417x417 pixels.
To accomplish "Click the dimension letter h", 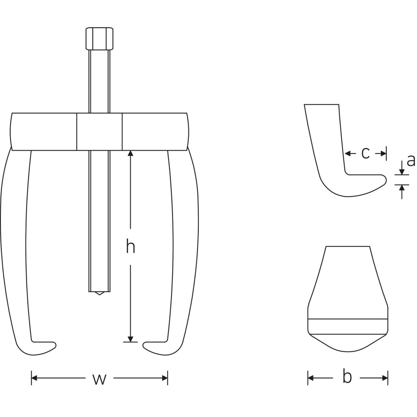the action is pos(130,246).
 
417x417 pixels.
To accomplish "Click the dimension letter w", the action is pos(100,379).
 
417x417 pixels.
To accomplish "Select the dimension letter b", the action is pos(347,376).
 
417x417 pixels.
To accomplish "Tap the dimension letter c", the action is pos(365,153).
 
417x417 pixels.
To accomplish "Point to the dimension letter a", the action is pos(411,161).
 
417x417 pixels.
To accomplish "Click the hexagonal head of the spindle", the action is pos(100,39).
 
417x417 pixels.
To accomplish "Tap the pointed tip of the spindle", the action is pos(100,294).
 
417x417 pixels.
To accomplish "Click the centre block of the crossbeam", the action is pos(100,132).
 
